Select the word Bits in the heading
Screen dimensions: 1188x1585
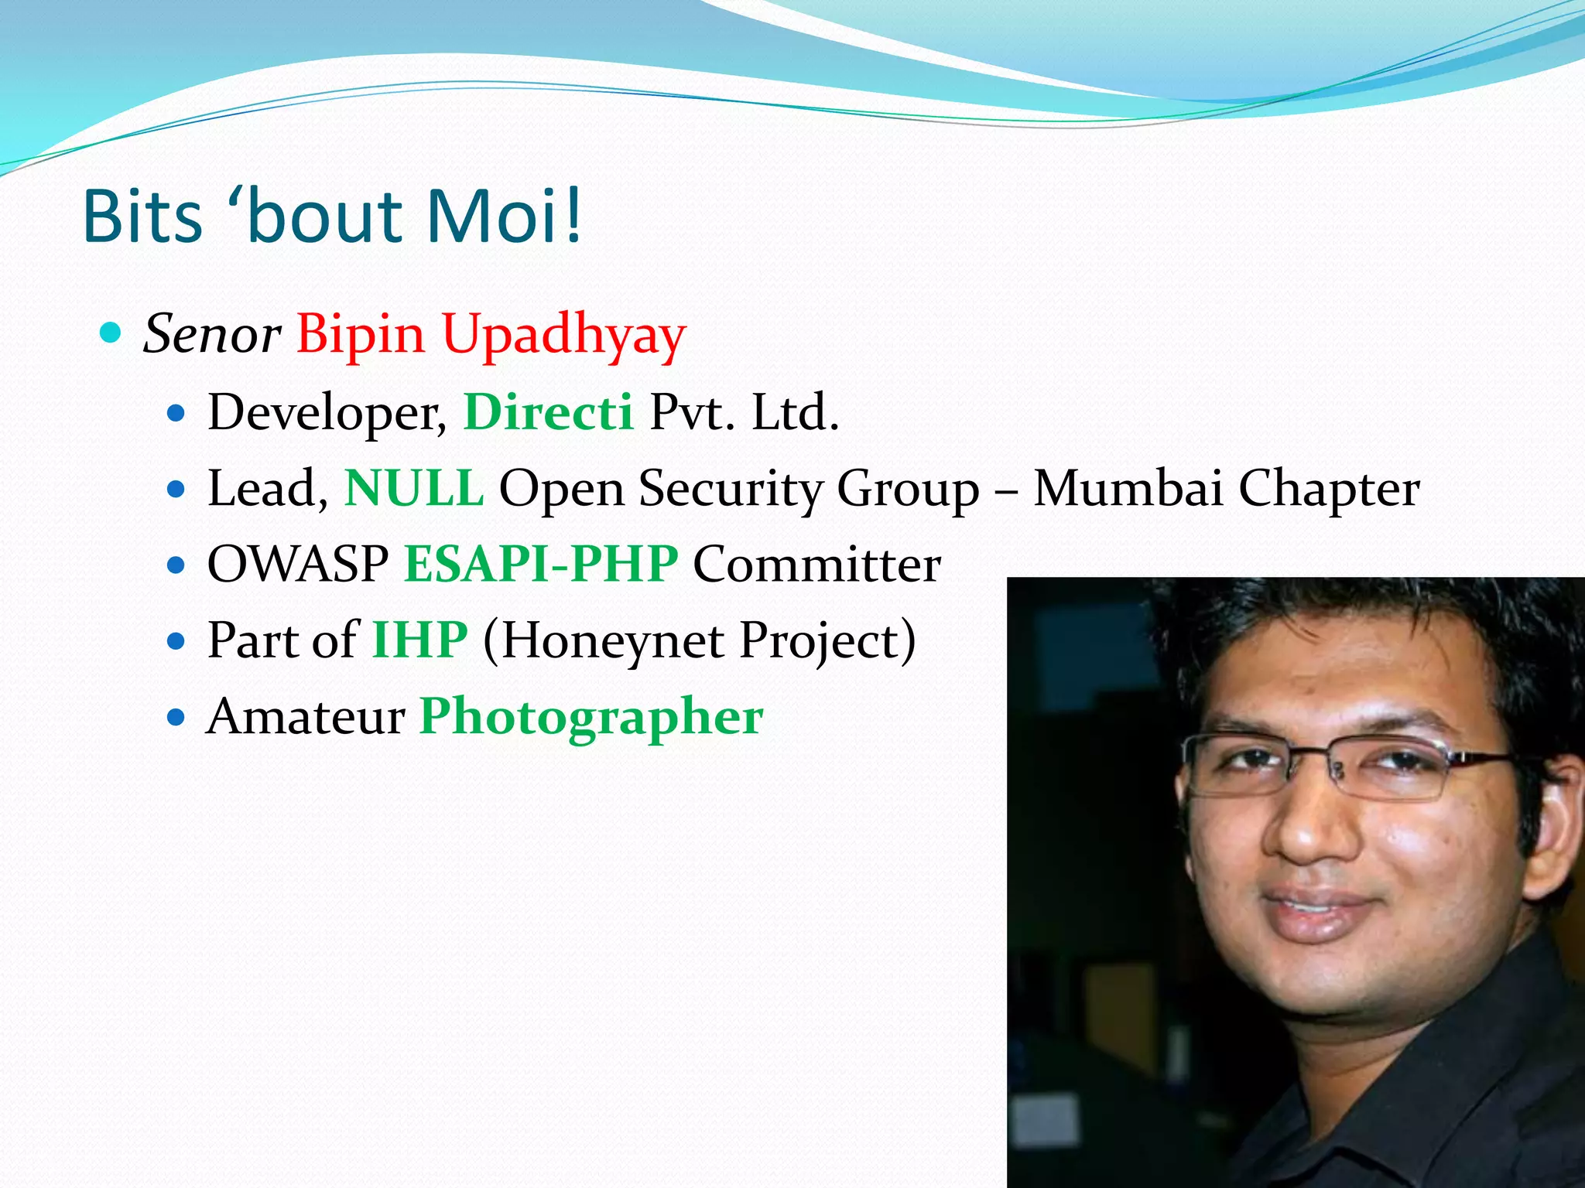(x=142, y=216)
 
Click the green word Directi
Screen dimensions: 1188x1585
(x=548, y=411)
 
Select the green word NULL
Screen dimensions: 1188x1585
(x=414, y=488)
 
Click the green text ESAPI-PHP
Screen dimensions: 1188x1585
(x=541, y=564)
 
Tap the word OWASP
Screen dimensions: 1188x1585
(x=298, y=564)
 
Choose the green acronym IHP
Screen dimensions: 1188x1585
(x=419, y=640)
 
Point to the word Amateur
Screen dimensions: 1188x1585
(x=306, y=716)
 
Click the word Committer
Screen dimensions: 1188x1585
(x=816, y=564)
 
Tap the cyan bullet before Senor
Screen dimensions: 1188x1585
(x=111, y=333)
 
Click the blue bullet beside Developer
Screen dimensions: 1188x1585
(x=176, y=414)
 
